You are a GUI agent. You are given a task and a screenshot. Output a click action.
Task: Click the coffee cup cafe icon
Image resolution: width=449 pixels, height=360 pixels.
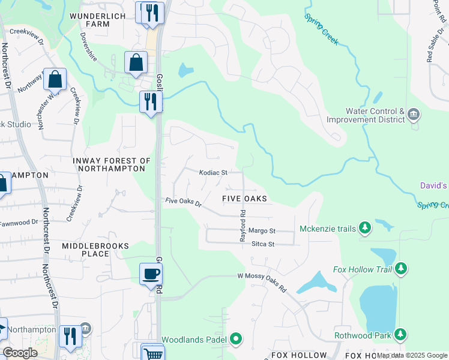[x=151, y=274]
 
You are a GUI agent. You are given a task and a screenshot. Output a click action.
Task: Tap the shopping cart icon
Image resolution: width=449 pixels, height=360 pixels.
[x=154, y=353]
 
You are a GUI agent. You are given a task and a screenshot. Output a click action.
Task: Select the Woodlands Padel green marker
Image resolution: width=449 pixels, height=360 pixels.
[x=237, y=339]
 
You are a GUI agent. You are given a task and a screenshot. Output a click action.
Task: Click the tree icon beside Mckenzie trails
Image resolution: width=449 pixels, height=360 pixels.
[x=364, y=227]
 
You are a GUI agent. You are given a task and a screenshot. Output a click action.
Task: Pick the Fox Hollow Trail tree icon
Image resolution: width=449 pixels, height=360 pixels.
[x=401, y=269]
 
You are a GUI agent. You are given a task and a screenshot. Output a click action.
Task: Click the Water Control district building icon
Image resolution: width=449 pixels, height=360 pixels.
[x=413, y=114]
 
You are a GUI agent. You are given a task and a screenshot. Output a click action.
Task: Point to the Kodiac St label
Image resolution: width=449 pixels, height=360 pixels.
[x=213, y=172]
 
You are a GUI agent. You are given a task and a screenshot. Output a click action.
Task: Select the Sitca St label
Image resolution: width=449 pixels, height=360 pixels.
[x=262, y=244]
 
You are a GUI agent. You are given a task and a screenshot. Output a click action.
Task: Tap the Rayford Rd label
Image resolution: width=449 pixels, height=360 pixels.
[x=243, y=225]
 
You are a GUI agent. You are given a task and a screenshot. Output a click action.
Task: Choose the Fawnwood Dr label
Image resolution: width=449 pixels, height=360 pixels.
[x=17, y=223]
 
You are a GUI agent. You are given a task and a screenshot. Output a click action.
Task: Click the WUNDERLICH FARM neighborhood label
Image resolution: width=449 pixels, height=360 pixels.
[x=89, y=19]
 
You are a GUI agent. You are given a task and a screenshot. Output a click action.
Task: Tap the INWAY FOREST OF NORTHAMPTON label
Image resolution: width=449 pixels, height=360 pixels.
[x=111, y=165]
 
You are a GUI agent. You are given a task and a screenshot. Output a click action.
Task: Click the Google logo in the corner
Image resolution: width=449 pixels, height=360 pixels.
[x=20, y=353]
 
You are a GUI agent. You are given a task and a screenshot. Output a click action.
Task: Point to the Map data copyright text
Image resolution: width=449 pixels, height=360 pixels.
[x=412, y=356]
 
